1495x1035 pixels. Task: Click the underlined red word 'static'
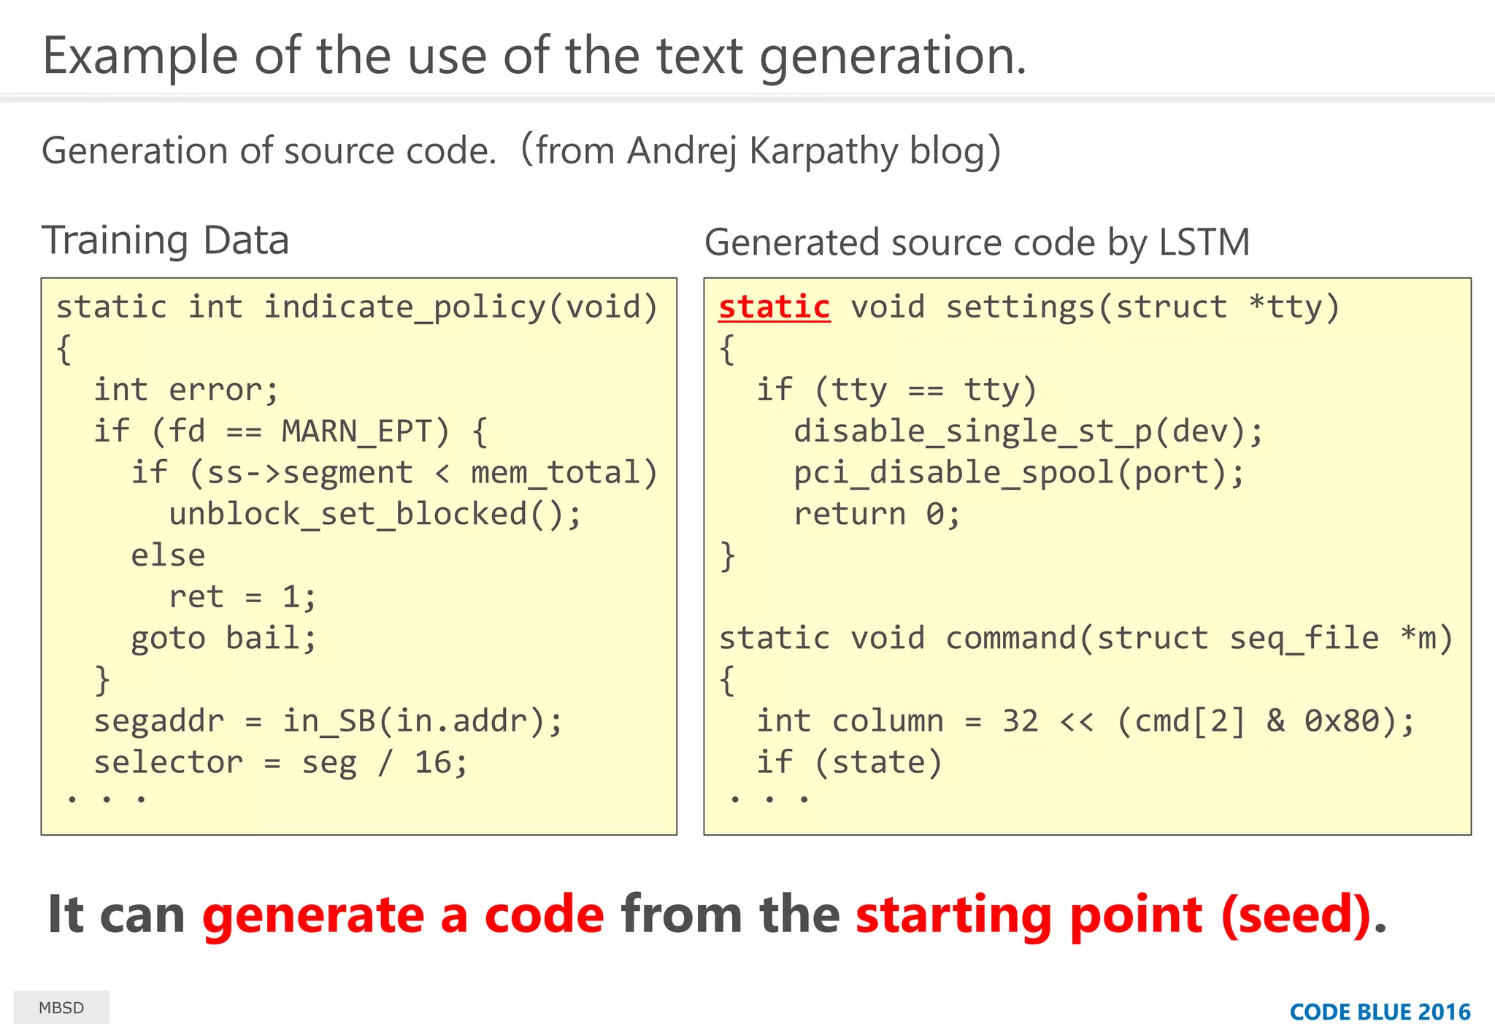tap(774, 307)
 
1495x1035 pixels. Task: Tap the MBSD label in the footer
tap(61, 1008)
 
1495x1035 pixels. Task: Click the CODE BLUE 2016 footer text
tap(1380, 1012)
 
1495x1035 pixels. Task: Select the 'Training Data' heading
tap(166, 240)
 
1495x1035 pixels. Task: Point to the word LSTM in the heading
tap(1204, 242)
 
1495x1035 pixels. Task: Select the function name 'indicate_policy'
tap(404, 307)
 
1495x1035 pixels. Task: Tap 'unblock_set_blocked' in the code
tap(347, 515)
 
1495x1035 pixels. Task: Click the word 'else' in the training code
tap(168, 555)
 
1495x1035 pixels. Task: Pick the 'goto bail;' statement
tap(223, 639)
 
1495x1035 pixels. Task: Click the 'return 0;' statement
tap(876, 515)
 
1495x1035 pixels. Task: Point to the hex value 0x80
tap(1342, 721)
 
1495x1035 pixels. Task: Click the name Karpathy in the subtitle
tap(823, 151)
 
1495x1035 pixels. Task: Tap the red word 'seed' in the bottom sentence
tap(1296, 914)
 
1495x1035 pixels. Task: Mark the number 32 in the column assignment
tap(1020, 721)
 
